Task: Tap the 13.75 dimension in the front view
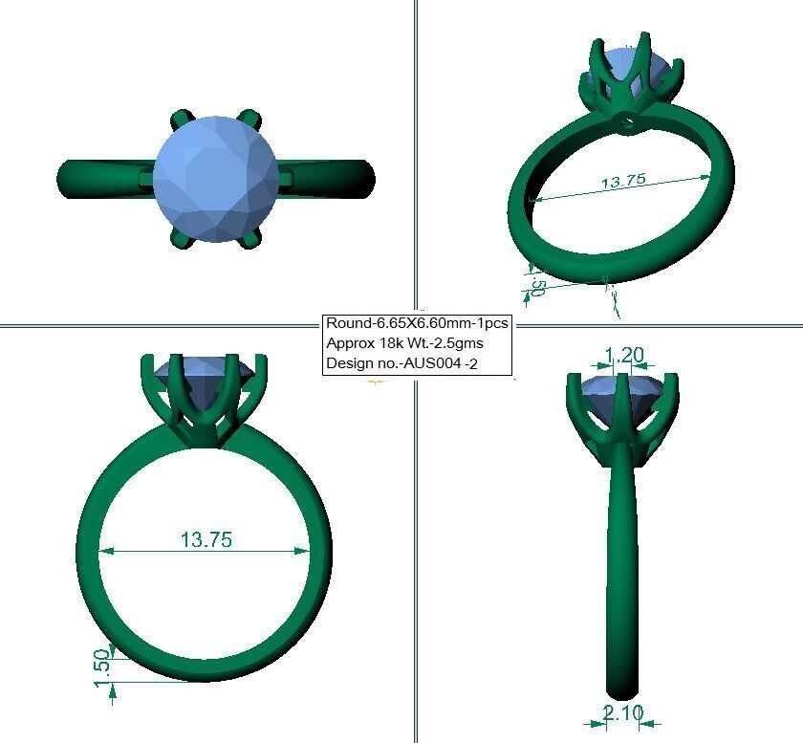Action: [x=206, y=539]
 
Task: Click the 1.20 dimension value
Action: [x=624, y=356]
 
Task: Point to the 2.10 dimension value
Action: [x=622, y=711]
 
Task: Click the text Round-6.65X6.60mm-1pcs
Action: [x=416, y=323]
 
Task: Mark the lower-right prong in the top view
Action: [x=252, y=237]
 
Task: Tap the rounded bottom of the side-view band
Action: [x=622, y=684]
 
